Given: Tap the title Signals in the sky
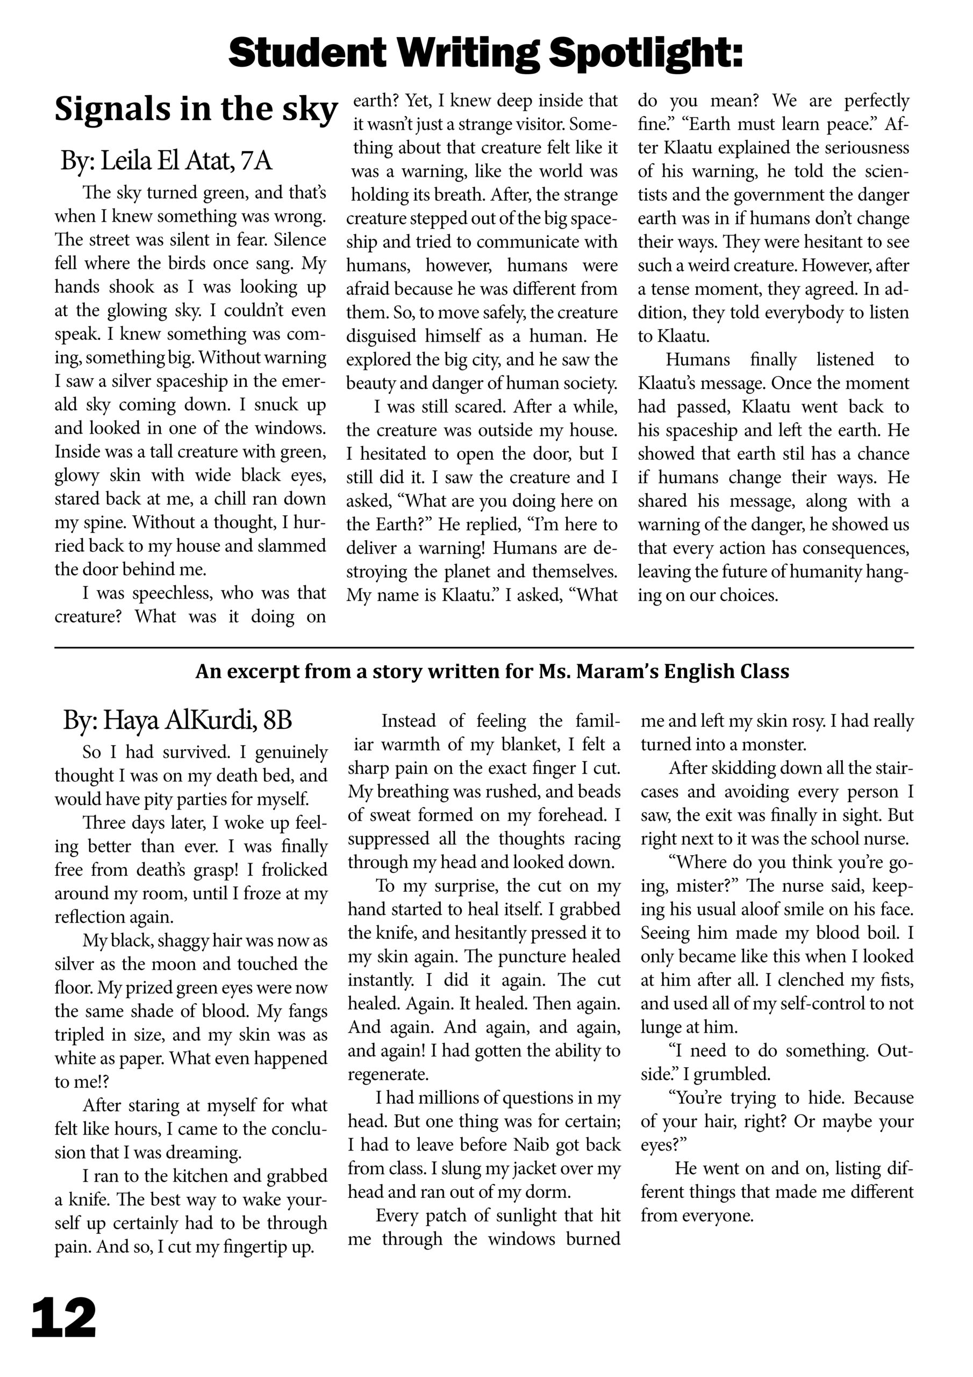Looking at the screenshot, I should (x=196, y=110).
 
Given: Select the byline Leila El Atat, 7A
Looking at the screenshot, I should (x=166, y=161).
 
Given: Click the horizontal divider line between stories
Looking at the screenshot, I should (x=484, y=648).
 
